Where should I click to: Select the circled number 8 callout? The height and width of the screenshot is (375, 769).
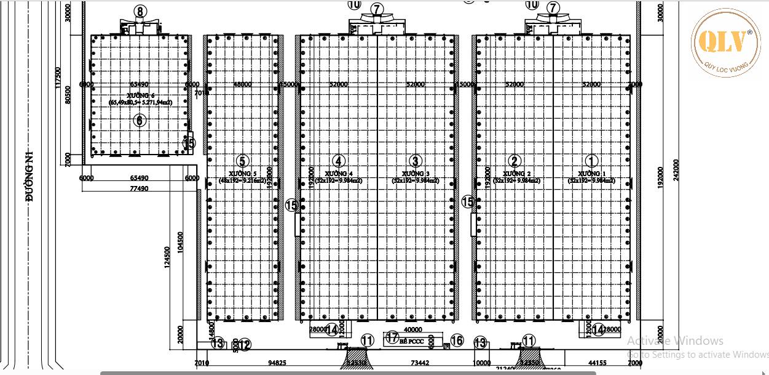pos(141,11)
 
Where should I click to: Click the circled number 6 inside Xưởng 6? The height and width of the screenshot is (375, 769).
pos(140,120)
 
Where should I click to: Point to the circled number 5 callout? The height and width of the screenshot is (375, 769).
pos(243,161)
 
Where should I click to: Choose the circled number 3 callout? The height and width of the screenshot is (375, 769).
pos(416,161)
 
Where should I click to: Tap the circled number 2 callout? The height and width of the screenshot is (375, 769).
pos(515,161)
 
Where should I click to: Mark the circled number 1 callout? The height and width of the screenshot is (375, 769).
pos(591,161)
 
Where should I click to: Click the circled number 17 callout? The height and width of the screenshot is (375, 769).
pos(392,337)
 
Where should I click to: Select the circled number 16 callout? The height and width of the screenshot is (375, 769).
pos(457,341)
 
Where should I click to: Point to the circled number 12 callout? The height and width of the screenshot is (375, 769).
pos(244,345)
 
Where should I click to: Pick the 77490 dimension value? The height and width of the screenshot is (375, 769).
pos(138,189)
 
